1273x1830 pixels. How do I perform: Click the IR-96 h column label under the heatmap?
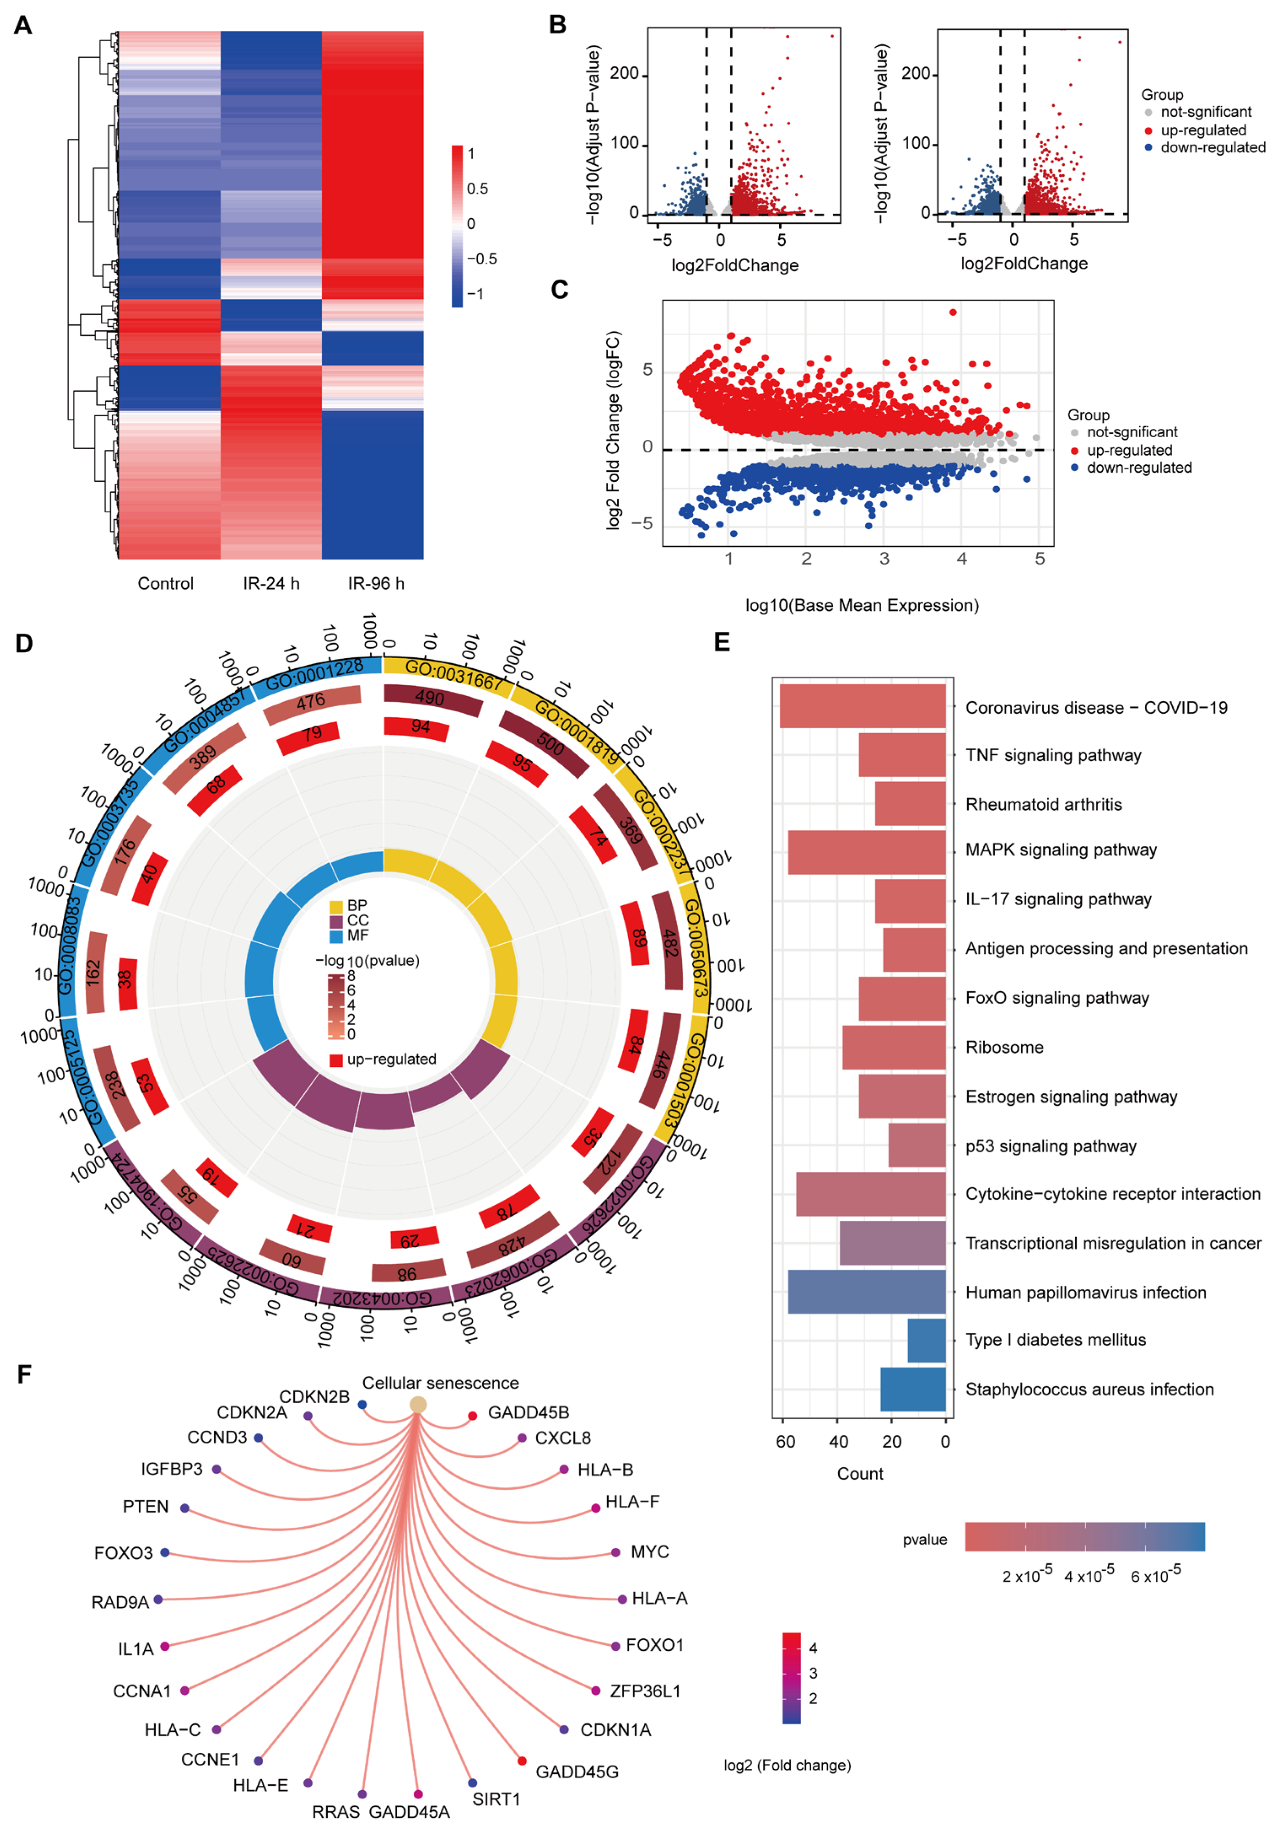(375, 584)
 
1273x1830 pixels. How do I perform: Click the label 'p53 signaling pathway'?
(1051, 1146)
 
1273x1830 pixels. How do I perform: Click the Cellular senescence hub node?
(418, 1405)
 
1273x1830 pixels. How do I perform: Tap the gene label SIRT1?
(496, 1799)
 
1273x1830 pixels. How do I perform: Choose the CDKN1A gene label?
(615, 1730)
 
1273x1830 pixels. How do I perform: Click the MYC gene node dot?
(615, 1552)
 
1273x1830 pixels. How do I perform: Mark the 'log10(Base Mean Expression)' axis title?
(862, 605)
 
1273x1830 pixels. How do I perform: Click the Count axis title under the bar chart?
(859, 1474)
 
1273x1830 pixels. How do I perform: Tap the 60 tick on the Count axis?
(785, 1441)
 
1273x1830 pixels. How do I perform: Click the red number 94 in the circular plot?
(420, 726)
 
